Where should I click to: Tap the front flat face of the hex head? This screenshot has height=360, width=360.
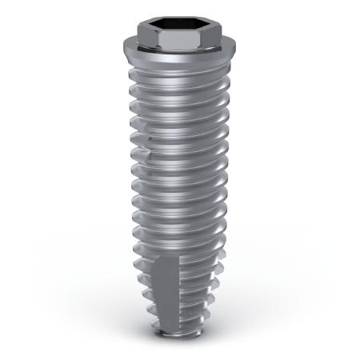pos(180,40)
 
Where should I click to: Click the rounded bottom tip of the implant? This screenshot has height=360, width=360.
pos(180,345)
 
